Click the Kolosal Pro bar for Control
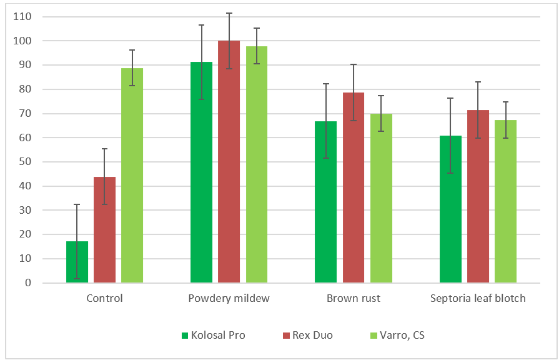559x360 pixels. pos(77,262)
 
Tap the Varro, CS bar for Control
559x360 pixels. pos(132,176)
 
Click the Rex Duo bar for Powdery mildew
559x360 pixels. pos(229,162)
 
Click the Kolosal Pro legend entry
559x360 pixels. pos(213,335)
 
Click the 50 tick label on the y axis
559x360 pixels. pos(24,162)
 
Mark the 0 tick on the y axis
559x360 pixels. pos(27,283)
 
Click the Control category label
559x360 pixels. pos(104,298)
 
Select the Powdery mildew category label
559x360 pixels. pos(229,298)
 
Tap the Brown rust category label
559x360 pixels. pos(354,298)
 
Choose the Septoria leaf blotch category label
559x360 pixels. pos(478,298)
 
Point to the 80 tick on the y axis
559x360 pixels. pos(24,89)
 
